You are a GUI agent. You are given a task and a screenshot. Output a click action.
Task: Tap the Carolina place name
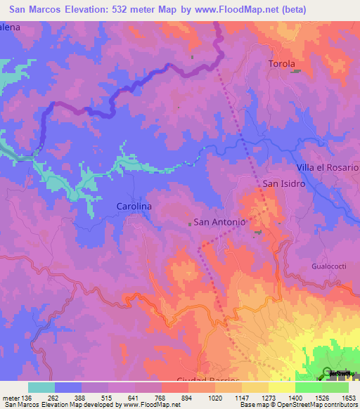(134, 207)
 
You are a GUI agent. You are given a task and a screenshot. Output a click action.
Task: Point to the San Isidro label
(283, 184)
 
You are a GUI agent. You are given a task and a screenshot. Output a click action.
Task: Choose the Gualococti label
(329, 267)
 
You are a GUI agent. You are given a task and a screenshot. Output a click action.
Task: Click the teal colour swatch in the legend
(41, 387)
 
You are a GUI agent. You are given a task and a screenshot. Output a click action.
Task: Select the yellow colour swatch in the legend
(281, 387)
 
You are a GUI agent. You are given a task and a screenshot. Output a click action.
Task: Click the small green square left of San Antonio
(190, 223)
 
